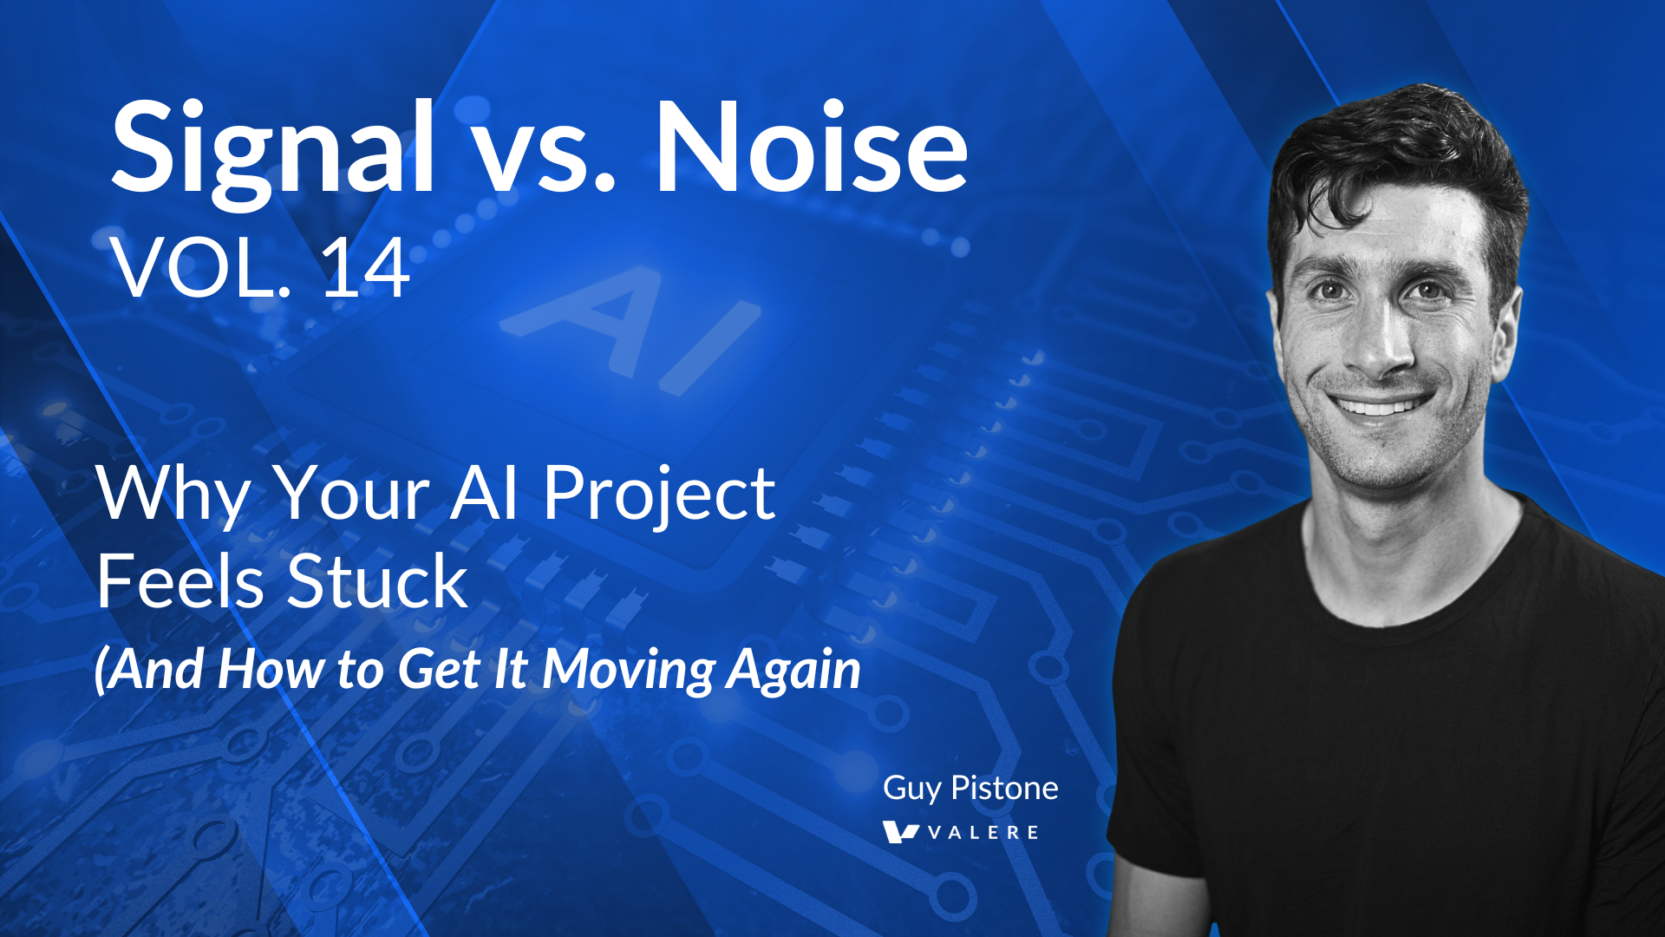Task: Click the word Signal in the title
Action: coord(273,149)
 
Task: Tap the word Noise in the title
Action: coord(811,149)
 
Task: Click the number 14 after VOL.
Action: coord(365,269)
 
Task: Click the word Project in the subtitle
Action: coord(659,495)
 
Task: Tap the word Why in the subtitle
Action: coord(173,495)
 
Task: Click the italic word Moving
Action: coord(629,670)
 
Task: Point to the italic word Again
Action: coord(793,670)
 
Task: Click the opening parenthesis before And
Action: coord(101,670)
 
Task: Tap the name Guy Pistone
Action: coord(970,788)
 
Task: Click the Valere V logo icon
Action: coord(899,832)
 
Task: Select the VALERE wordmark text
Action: coord(983,833)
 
